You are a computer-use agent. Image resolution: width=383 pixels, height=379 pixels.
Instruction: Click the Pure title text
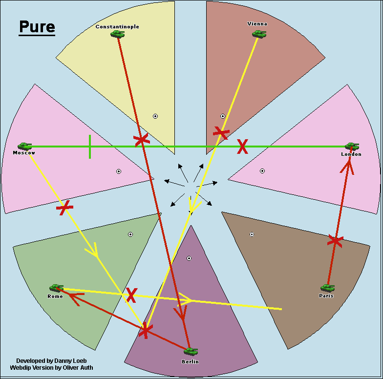[37, 27]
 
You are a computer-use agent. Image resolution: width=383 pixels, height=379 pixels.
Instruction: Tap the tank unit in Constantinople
[117, 34]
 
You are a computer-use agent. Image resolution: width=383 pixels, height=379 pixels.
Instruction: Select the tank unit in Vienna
[259, 34]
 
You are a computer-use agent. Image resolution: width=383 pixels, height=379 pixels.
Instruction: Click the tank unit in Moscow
[24, 146]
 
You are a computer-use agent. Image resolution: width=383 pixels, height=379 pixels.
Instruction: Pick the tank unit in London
[352, 146]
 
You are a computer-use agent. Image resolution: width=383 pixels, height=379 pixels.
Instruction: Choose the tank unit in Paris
[327, 288]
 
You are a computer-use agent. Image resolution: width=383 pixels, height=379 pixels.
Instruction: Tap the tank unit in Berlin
[191, 351]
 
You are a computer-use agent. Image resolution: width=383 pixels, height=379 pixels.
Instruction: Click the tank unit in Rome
[56, 288]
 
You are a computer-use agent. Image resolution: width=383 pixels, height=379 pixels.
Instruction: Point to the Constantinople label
[117, 26]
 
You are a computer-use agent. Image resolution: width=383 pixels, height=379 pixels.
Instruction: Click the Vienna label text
[257, 23]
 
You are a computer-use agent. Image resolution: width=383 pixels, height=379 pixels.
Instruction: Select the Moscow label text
[24, 153]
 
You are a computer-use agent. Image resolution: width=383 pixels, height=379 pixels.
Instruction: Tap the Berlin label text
[190, 361]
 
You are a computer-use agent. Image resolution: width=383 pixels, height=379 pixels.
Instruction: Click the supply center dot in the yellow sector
[155, 116]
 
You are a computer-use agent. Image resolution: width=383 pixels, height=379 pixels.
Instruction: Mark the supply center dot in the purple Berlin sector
[189, 258]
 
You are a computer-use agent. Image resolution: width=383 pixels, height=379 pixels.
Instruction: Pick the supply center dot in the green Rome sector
[130, 234]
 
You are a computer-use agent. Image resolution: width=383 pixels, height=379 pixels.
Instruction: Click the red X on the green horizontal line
[242, 147]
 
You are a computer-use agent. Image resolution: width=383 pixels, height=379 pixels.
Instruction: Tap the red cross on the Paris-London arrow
[335, 240]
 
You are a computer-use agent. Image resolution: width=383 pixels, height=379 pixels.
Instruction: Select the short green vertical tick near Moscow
[90, 147]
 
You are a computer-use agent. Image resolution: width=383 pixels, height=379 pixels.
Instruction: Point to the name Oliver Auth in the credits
[75, 368]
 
